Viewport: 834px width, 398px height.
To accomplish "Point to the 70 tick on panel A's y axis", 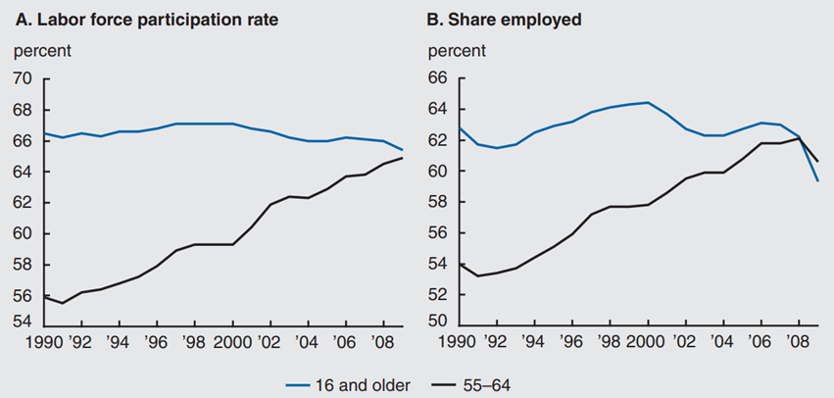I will tap(23, 78).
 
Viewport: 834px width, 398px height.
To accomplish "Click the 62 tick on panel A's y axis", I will tap(23, 202).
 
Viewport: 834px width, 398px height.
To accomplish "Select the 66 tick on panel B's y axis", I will tap(438, 78).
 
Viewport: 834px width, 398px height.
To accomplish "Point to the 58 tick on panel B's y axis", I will tap(438, 202).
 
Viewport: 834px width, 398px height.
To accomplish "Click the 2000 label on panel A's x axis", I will tap(231, 342).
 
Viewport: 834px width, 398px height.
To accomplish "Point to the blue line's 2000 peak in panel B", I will tap(647, 102).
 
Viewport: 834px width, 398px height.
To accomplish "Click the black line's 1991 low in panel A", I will tap(62, 303).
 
